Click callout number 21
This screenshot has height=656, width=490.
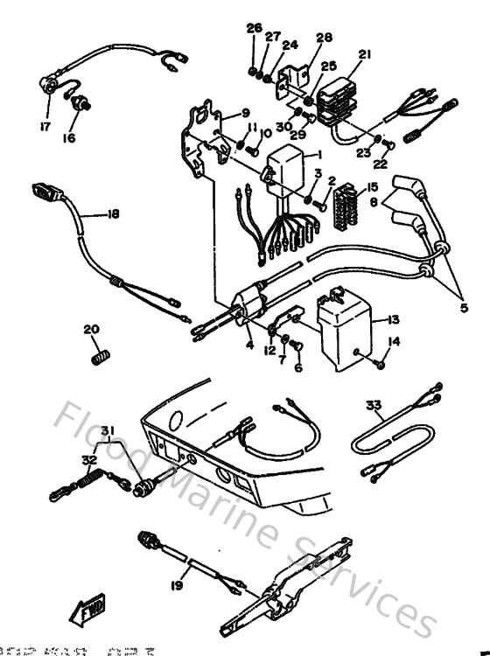click(364, 54)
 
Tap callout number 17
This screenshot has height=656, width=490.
click(44, 125)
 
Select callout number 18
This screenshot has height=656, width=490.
click(112, 213)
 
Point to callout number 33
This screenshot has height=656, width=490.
click(374, 405)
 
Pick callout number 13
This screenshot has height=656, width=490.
click(393, 321)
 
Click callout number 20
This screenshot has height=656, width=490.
click(91, 329)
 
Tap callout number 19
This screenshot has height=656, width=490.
click(178, 586)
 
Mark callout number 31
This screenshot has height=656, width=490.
click(107, 429)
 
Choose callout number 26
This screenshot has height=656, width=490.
click(254, 28)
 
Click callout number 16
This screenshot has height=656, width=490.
click(68, 137)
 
